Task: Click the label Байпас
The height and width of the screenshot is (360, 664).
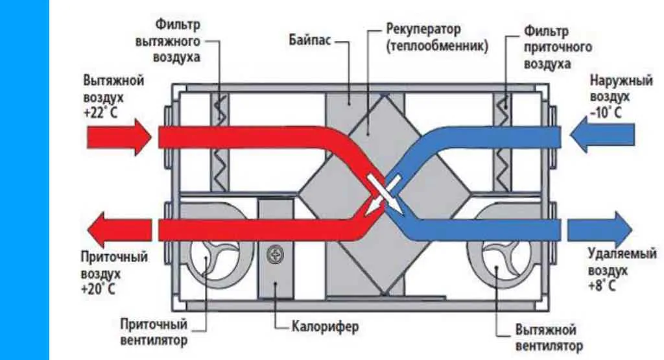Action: click(x=309, y=40)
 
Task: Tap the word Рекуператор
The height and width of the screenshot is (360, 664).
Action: click(x=423, y=30)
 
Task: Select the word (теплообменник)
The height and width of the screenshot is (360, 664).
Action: click(x=437, y=46)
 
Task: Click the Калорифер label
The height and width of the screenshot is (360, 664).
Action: click(x=325, y=327)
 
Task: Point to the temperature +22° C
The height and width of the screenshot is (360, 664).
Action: click(x=101, y=114)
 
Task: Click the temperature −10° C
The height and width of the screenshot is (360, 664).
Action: click(x=606, y=113)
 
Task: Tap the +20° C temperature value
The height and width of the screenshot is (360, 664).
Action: click(x=98, y=289)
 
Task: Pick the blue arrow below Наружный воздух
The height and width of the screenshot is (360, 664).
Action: click(x=602, y=135)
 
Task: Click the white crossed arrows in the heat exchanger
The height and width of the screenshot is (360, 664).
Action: click(x=384, y=194)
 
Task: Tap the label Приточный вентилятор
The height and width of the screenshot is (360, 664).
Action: click(x=154, y=333)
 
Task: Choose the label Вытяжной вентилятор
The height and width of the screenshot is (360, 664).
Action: click(x=549, y=337)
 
